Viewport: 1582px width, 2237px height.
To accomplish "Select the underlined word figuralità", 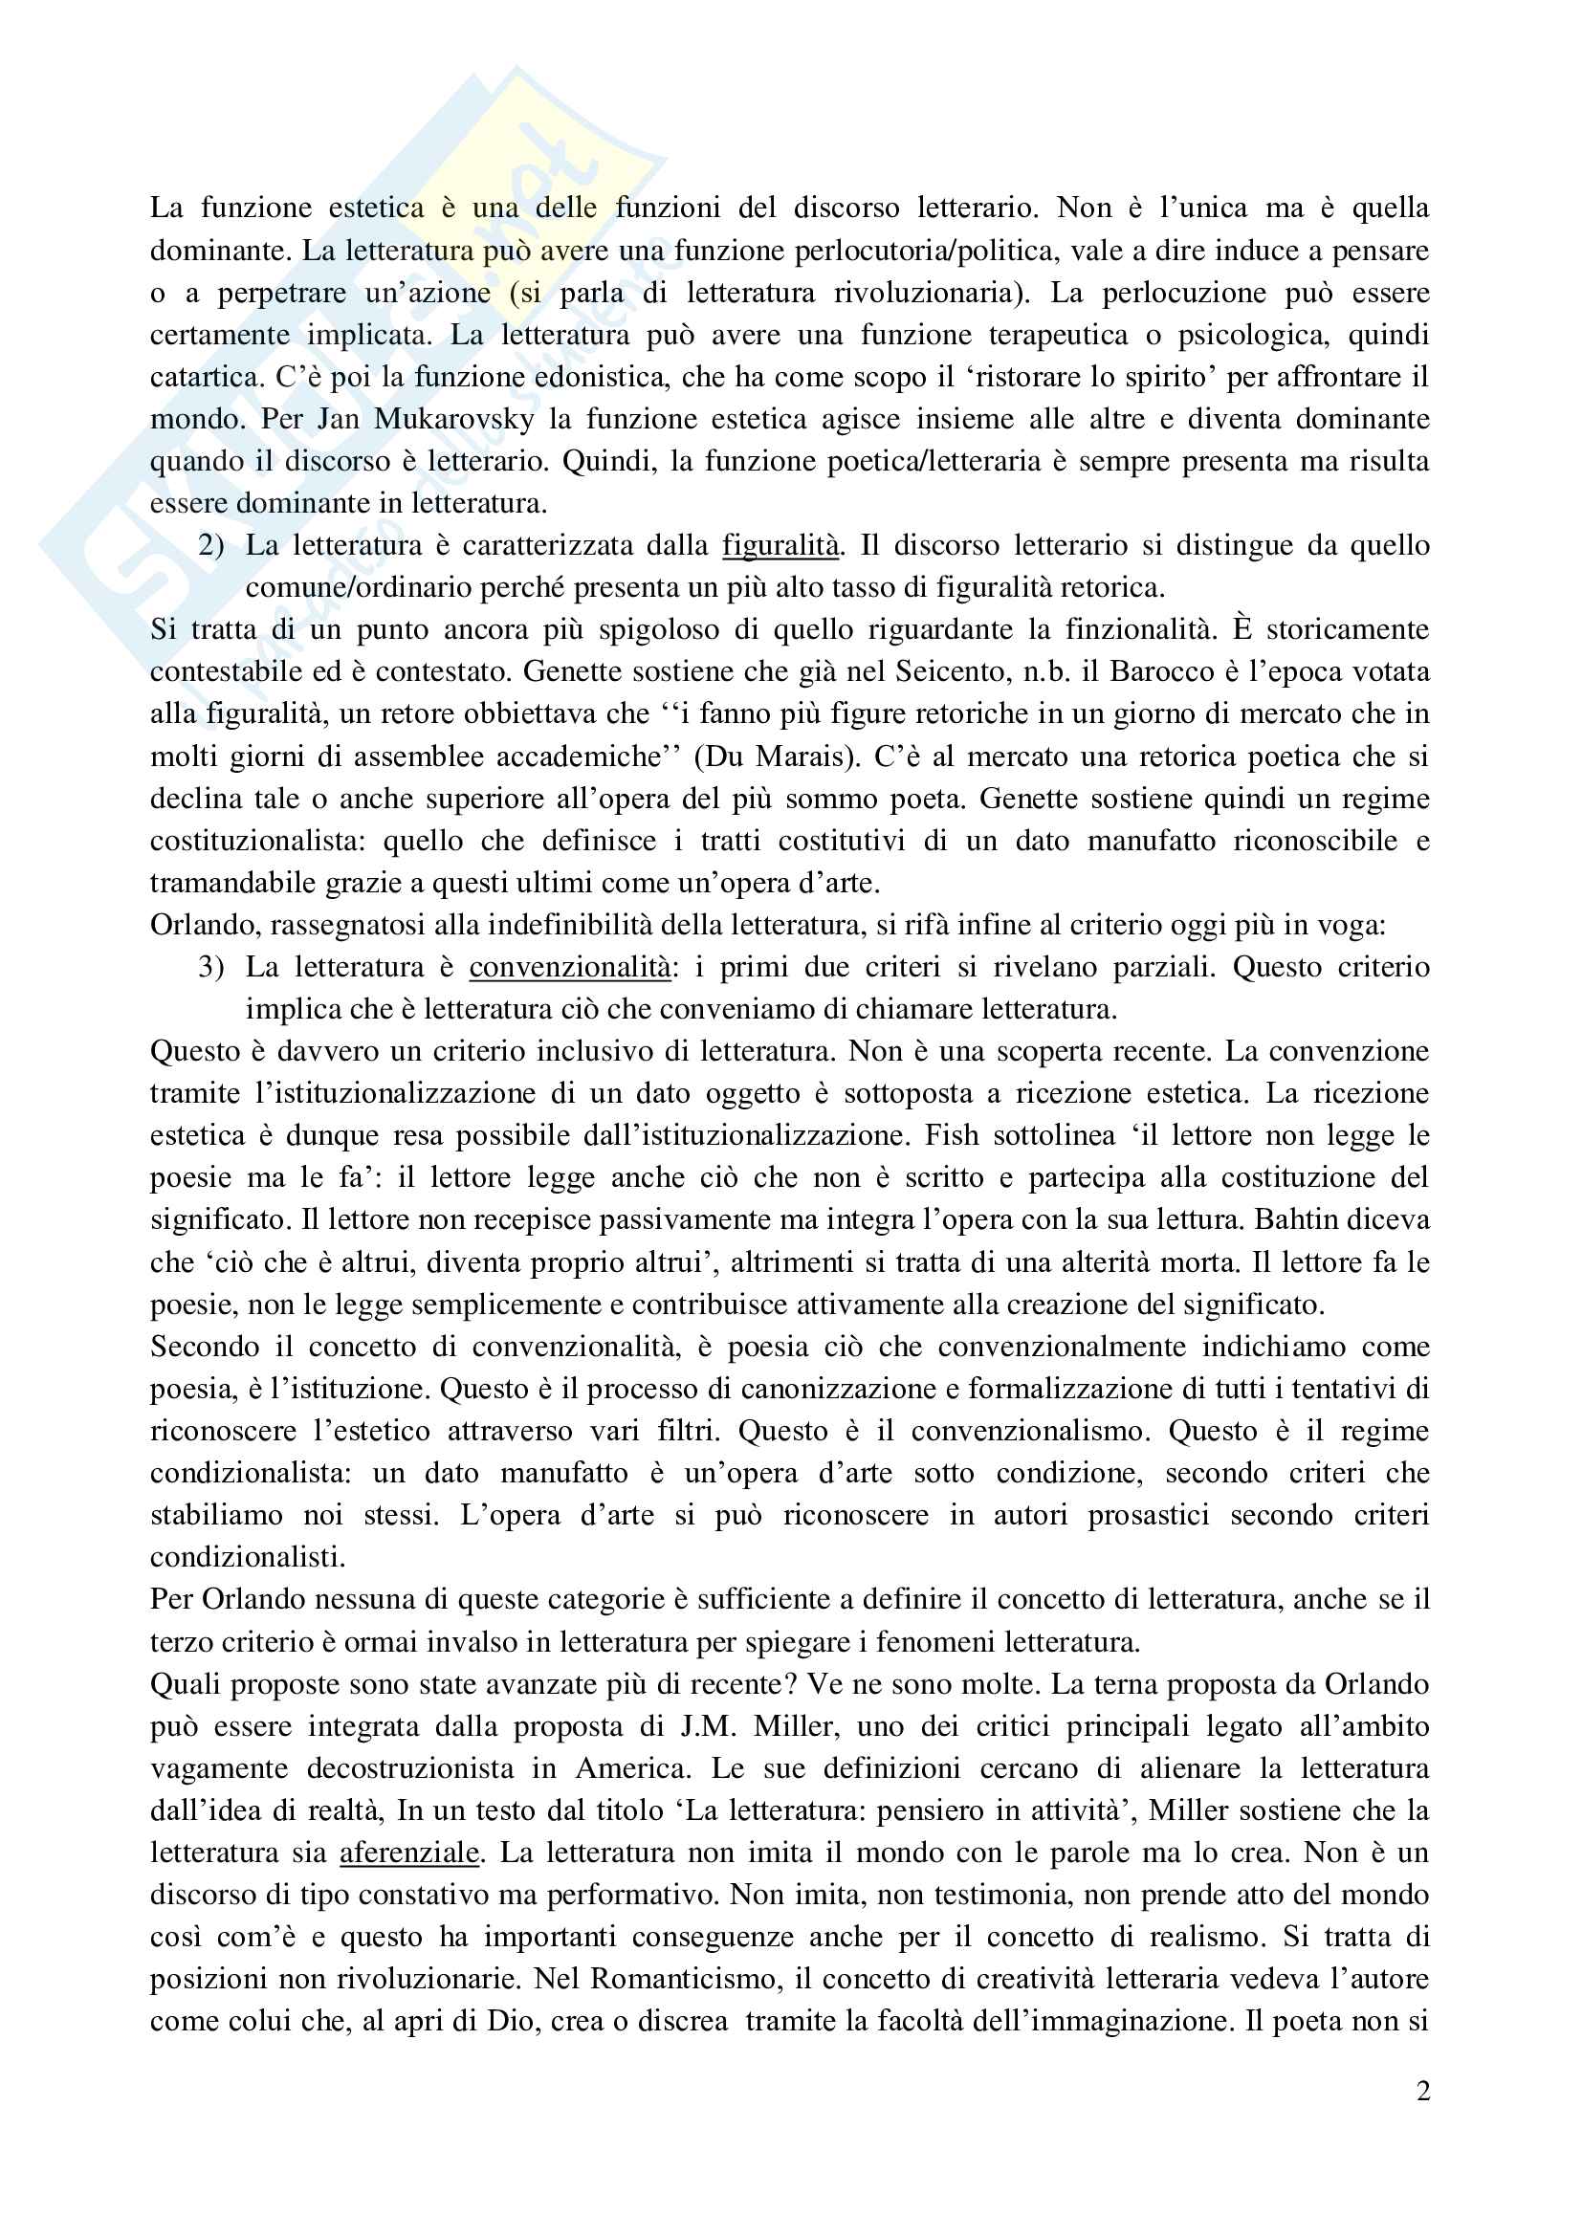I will [780, 545].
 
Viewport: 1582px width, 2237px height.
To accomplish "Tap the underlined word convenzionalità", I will [569, 968].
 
